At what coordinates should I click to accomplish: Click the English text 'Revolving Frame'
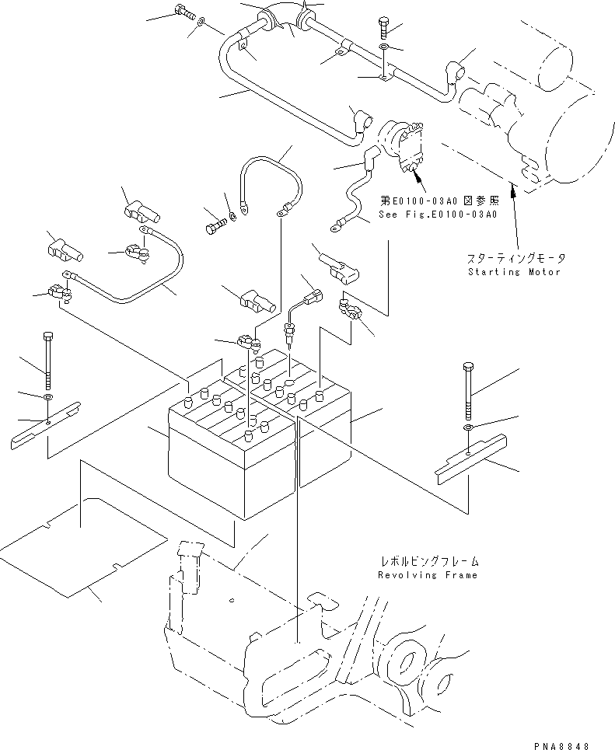(428, 575)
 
